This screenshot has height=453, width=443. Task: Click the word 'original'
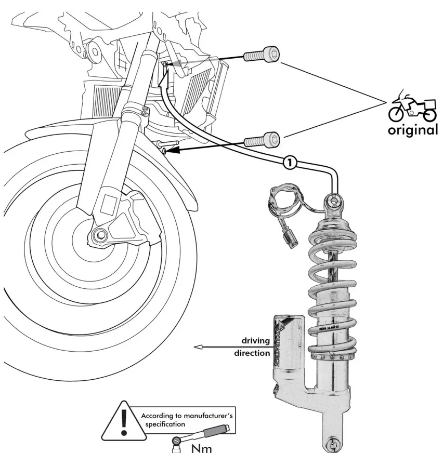tap(412, 130)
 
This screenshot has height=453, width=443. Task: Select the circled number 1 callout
tap(289, 163)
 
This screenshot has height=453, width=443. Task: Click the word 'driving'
tap(255, 341)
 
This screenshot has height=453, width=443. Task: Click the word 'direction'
tap(251, 353)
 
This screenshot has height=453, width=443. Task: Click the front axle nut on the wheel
tap(99, 236)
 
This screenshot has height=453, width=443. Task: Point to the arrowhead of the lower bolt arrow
tap(166, 151)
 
